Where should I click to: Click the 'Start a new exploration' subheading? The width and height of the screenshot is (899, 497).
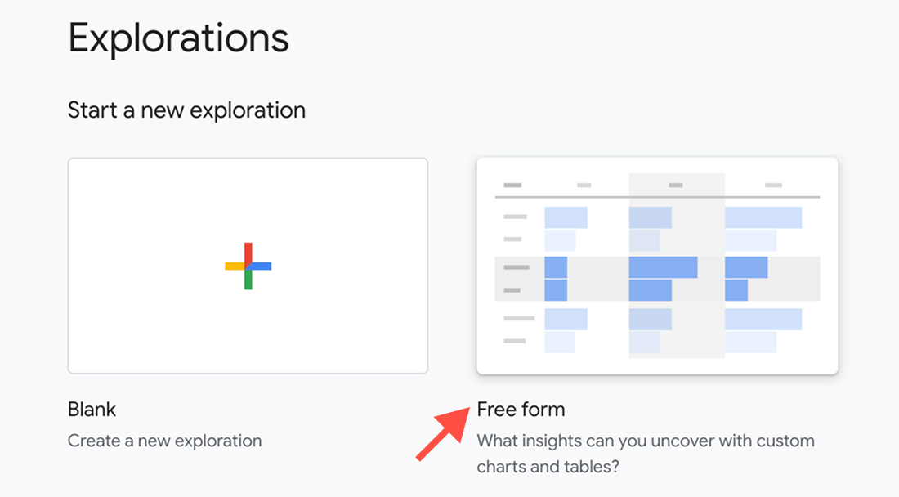(x=186, y=110)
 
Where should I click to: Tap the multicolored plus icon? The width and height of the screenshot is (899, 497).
(x=248, y=266)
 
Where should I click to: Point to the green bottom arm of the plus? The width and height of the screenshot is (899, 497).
(x=248, y=280)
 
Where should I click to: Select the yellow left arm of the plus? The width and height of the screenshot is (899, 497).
(x=235, y=266)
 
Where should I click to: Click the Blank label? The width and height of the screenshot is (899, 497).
(x=92, y=410)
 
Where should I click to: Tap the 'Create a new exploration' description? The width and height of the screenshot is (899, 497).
(x=164, y=441)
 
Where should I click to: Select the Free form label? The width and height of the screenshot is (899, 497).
(x=521, y=410)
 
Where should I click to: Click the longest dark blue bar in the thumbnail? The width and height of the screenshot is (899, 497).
(x=664, y=267)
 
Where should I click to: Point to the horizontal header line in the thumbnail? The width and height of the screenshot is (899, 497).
(x=657, y=197)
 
